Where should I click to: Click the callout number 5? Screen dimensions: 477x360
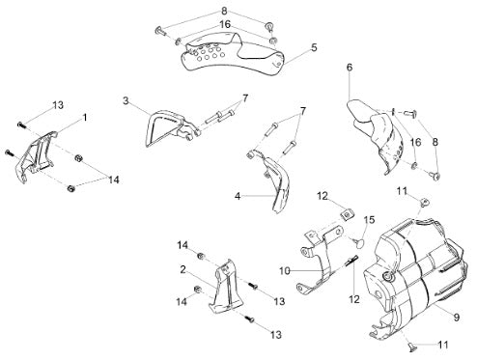click(314, 47)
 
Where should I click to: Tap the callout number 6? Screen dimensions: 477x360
click(350, 68)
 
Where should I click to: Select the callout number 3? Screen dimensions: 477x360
click(126, 100)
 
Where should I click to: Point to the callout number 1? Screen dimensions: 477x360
click(85, 118)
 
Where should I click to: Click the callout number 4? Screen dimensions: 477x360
click(238, 196)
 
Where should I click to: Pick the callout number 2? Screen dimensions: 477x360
click(182, 269)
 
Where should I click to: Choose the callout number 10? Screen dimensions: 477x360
click(285, 271)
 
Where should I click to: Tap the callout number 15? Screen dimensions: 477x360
click(370, 220)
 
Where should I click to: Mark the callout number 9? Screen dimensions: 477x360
click(457, 318)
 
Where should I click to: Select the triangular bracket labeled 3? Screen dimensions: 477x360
click(171, 128)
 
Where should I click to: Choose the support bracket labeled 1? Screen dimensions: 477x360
click(36, 156)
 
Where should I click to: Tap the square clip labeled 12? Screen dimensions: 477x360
click(347, 215)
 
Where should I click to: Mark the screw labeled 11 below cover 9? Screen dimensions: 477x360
click(411, 346)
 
